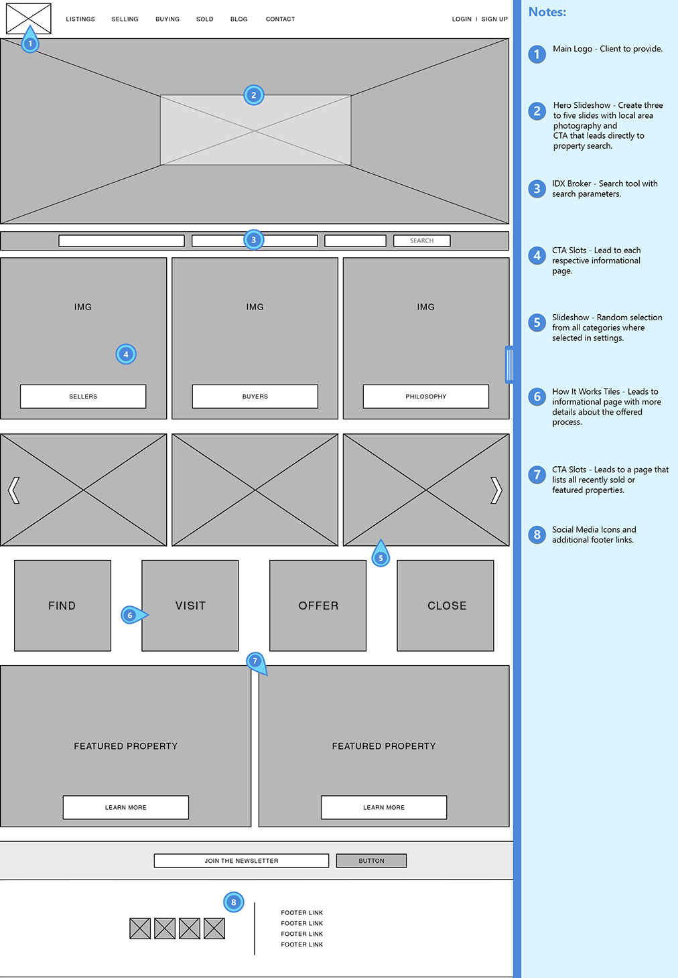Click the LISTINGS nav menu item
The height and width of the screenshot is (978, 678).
pos(80,19)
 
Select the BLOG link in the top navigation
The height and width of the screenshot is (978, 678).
pos(239,19)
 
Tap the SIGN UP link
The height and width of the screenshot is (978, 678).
pos(494,19)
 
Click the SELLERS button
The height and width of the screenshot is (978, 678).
pos(83,397)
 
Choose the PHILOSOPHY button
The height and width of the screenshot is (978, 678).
pos(425,397)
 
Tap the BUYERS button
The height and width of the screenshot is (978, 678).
pos(255,397)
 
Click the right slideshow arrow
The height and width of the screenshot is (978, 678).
pos(496,490)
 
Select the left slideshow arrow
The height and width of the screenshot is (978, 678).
pos(13,490)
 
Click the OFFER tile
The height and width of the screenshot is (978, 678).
pos(318,606)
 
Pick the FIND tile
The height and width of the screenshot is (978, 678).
pos(62,606)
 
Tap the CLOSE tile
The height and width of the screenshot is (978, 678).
pos(446,606)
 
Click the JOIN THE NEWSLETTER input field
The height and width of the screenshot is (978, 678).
pos(241,861)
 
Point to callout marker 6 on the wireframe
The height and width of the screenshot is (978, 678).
pos(131,615)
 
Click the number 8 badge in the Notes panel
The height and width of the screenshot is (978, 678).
pos(537,535)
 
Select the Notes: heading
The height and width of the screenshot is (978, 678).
pos(547,12)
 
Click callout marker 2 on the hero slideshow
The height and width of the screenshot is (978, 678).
pos(253,95)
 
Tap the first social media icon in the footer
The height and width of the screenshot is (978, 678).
pos(140,928)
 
